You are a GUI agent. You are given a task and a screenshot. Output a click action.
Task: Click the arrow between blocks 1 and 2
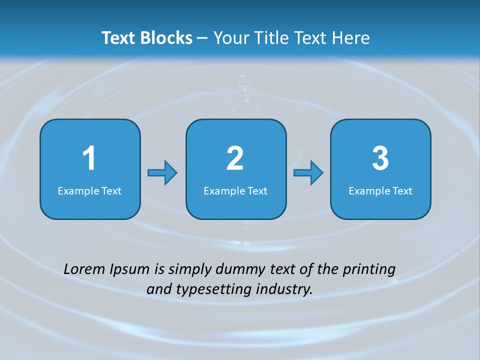tap(162, 173)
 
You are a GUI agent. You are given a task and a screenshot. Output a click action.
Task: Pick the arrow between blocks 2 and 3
tap(308, 173)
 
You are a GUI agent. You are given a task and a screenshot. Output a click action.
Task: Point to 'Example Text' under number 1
tap(89, 190)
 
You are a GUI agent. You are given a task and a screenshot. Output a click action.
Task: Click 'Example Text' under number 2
tap(235, 190)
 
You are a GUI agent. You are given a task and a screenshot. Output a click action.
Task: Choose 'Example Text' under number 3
tap(380, 190)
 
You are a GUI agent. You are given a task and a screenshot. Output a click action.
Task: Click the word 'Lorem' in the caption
tap(83, 269)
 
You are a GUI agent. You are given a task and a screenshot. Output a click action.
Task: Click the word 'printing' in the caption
tap(369, 270)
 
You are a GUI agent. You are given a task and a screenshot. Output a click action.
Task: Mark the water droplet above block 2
tap(243, 92)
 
